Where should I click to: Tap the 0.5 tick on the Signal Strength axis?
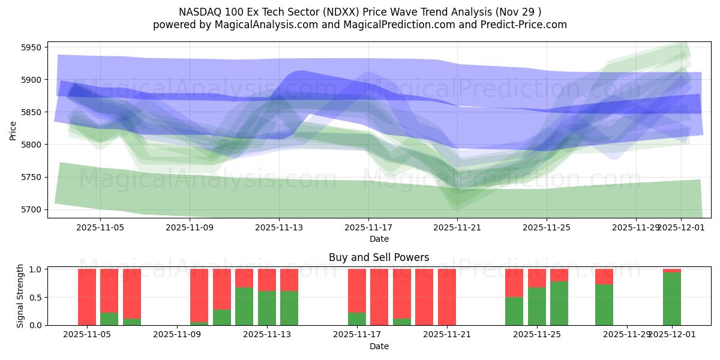35,297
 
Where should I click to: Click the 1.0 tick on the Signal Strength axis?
35,269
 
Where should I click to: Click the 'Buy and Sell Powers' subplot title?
379,257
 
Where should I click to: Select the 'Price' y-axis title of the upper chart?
13,130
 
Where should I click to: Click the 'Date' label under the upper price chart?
379,239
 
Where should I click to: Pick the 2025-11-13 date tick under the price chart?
278,228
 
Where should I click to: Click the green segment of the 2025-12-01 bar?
672,299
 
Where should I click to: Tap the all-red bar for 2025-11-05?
87,297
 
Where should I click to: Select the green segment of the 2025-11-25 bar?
537,306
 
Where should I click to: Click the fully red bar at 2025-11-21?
447,297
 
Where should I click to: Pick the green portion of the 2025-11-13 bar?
267,308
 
